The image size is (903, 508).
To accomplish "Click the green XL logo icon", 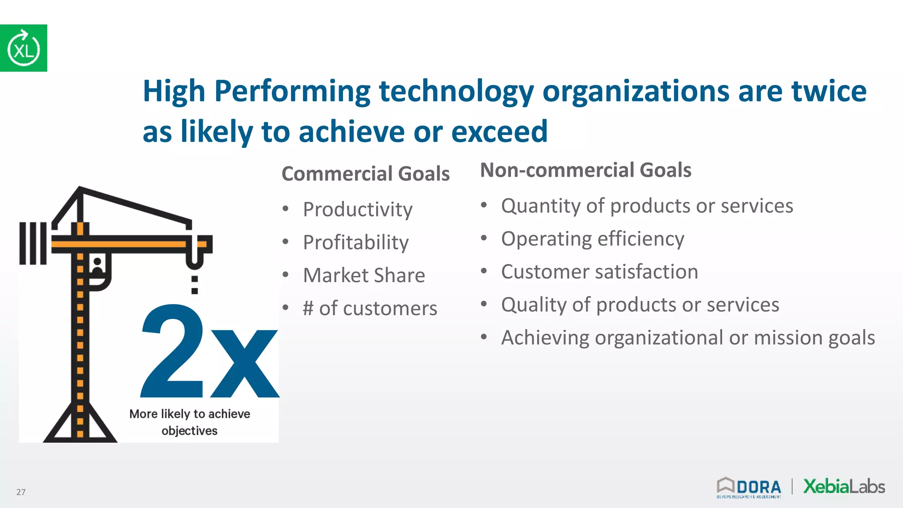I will (x=23, y=48).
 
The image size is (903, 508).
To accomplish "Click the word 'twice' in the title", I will (x=828, y=91).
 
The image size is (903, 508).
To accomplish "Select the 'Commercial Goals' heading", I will (x=366, y=173).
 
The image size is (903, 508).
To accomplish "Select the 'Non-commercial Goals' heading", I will (x=585, y=170).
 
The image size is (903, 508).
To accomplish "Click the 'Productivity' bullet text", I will (x=358, y=209).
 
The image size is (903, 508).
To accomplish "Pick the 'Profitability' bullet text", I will (x=356, y=242).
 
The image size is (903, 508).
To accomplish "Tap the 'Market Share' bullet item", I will (x=364, y=275).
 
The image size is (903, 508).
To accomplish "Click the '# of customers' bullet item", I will (x=369, y=308).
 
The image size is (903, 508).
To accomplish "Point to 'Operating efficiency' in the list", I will (x=592, y=239).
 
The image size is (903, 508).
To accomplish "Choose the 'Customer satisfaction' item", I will (x=599, y=272).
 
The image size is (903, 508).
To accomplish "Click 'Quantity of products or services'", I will (x=647, y=206).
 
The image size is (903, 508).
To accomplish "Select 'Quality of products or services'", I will (x=640, y=305).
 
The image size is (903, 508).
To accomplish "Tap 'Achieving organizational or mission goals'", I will (x=687, y=338).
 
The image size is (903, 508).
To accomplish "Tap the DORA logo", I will (x=749, y=487).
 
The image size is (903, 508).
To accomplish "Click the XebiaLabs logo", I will (x=844, y=486).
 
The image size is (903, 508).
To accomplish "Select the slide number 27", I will (x=21, y=492).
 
